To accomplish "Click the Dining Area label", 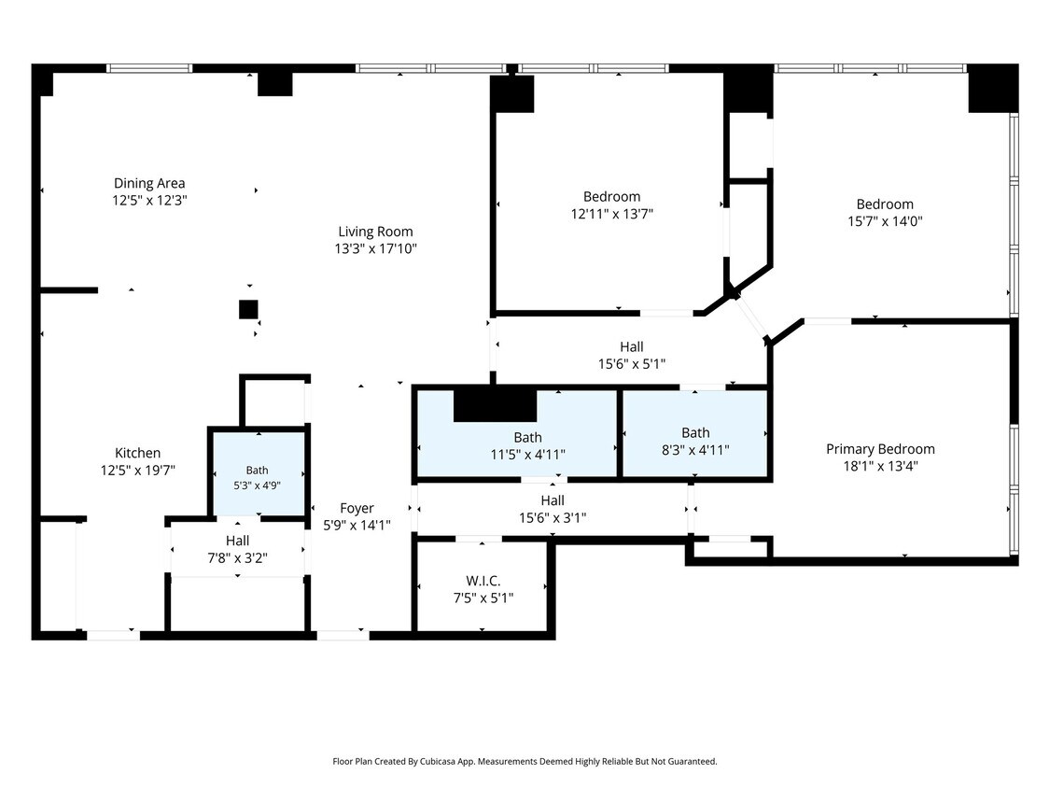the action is click(x=149, y=183).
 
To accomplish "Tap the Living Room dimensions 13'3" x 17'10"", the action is click(x=376, y=248).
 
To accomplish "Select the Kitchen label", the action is click(x=138, y=453).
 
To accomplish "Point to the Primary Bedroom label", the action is click(x=880, y=449).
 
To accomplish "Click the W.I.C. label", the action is click(x=483, y=581).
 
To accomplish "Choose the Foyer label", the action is click(x=357, y=509).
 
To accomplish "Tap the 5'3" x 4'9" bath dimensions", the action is click(x=258, y=485).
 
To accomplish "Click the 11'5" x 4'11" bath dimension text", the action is click(x=527, y=455).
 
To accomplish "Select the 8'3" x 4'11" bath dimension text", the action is click(x=695, y=450).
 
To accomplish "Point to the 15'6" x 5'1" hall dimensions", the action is click(x=632, y=364).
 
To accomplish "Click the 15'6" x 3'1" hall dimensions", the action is click(x=553, y=517).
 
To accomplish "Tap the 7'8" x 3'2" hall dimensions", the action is click(x=238, y=557).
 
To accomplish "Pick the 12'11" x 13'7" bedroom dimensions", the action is click(x=612, y=214).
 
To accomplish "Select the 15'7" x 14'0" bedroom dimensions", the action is click(x=886, y=221).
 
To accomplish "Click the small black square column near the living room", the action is click(x=248, y=309).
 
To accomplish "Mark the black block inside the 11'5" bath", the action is click(x=495, y=405).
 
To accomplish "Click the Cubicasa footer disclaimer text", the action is click(x=525, y=761).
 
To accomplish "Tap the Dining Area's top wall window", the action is click(x=149, y=68).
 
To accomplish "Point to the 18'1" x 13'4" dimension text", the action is click(x=880, y=467).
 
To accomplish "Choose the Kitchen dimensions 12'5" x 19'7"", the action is click(x=138, y=471).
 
